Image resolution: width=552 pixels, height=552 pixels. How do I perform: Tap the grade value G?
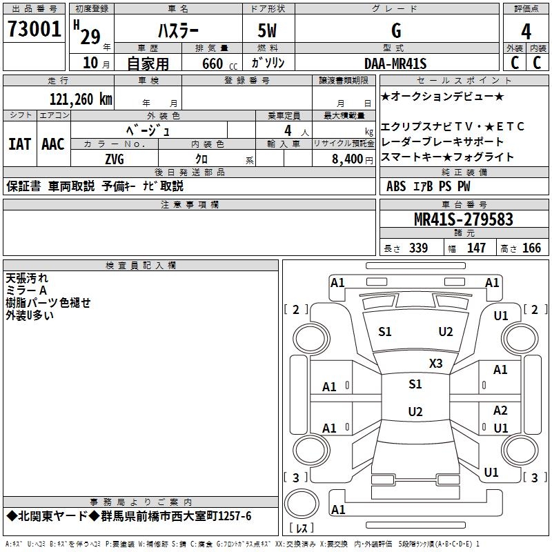395,30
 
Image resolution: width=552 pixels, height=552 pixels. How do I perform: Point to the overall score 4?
526,31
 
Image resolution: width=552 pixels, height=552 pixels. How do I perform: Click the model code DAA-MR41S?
395,63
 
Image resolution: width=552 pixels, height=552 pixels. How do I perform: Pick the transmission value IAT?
20,144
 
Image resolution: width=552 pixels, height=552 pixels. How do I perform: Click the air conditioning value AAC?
53,144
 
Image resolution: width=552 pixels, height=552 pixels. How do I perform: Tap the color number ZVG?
115,159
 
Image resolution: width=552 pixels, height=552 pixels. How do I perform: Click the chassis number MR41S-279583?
463,219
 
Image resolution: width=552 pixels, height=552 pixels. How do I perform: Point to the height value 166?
531,248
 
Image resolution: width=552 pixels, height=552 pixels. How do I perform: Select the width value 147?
476,248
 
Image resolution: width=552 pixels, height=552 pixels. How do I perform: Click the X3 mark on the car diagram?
435,364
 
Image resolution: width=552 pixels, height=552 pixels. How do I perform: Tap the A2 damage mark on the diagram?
500,411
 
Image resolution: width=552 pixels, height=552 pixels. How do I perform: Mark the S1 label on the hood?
385,332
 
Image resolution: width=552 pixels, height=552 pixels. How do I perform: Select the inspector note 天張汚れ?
27,278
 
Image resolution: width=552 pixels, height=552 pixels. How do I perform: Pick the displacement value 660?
213,64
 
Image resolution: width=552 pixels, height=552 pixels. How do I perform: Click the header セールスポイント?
464,81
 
